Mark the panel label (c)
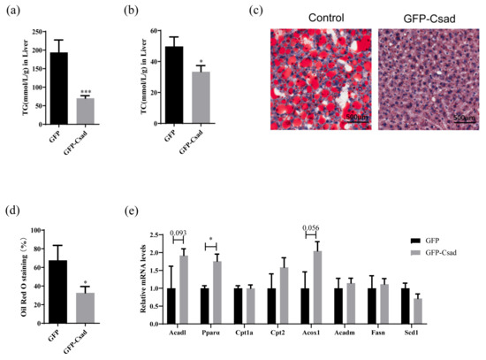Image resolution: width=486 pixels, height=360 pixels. click(280, 12)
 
